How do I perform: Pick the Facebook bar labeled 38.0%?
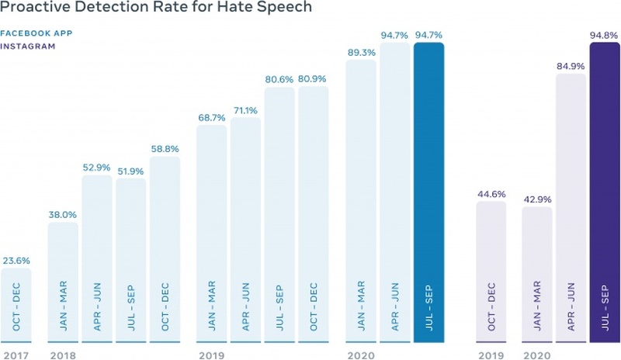(x=63, y=283)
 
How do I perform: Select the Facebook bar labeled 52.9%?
(x=97, y=260)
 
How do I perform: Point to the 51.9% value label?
(x=130, y=171)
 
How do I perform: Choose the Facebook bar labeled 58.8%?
(x=165, y=250)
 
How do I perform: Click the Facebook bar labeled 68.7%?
(x=211, y=233)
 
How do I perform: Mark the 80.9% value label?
(x=313, y=78)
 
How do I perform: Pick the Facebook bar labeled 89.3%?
(x=361, y=202)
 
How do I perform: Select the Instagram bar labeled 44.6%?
(x=491, y=272)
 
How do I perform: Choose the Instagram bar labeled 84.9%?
(x=571, y=209)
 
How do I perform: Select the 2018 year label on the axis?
(x=61, y=354)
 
